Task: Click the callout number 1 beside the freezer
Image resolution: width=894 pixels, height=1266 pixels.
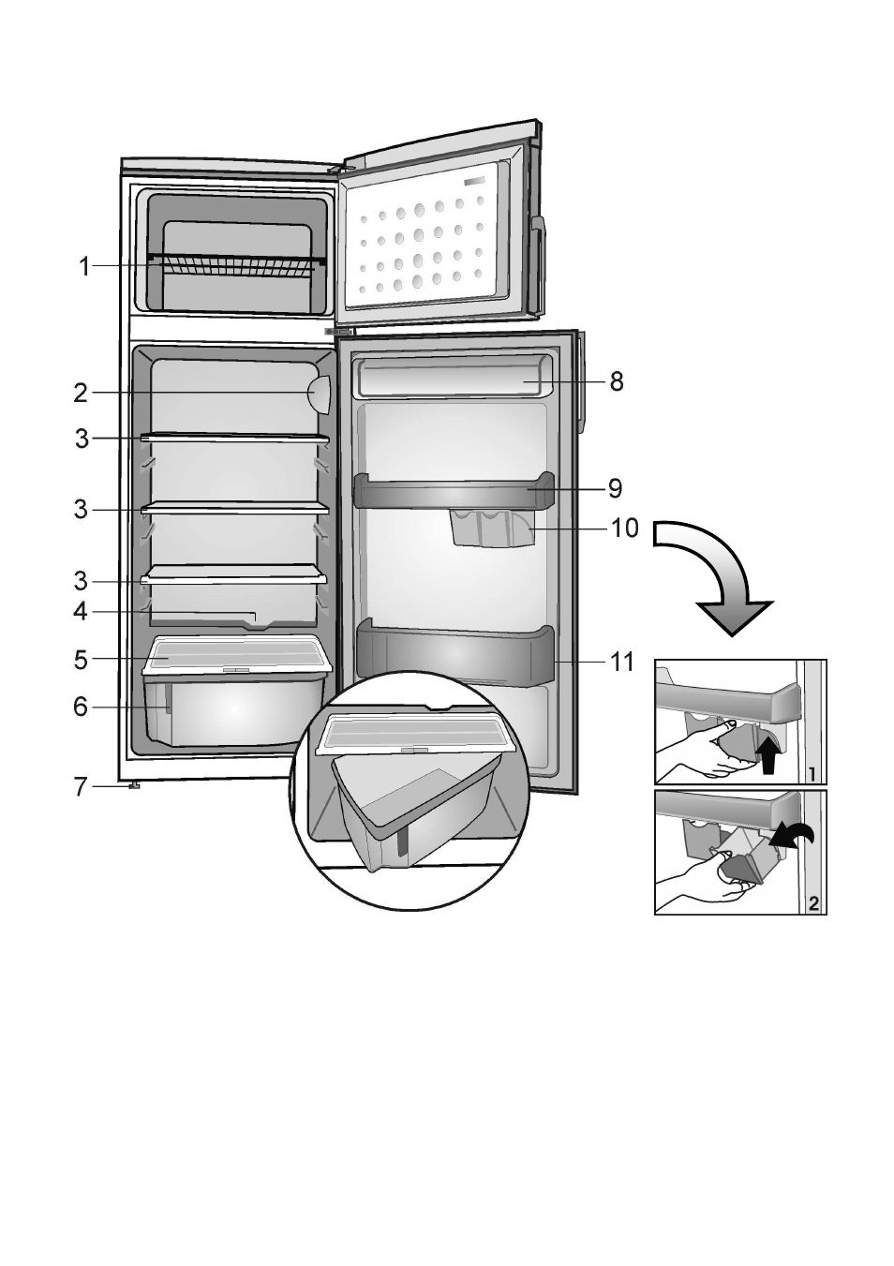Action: (x=84, y=267)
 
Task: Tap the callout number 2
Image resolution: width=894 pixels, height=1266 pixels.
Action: (x=81, y=394)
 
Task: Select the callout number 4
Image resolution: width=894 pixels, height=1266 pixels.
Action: (x=81, y=612)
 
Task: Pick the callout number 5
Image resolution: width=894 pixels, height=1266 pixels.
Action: (x=81, y=660)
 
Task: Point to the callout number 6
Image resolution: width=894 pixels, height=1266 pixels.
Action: (x=81, y=707)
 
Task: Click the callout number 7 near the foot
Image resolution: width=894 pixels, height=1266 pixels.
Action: (x=81, y=787)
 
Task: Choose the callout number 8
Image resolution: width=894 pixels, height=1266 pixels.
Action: (x=616, y=382)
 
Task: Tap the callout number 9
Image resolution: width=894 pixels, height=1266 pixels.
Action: (x=615, y=488)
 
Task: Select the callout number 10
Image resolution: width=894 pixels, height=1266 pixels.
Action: (x=624, y=529)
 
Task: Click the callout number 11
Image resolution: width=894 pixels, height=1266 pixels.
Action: (x=622, y=663)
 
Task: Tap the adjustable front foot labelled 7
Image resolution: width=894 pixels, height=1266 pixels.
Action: (x=134, y=786)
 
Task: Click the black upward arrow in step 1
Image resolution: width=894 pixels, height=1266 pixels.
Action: (x=769, y=752)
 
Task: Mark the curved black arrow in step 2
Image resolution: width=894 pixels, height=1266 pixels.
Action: (x=792, y=834)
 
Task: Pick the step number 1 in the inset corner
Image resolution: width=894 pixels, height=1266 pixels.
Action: (x=813, y=774)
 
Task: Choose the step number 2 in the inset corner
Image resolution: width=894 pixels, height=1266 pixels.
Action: (x=813, y=903)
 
